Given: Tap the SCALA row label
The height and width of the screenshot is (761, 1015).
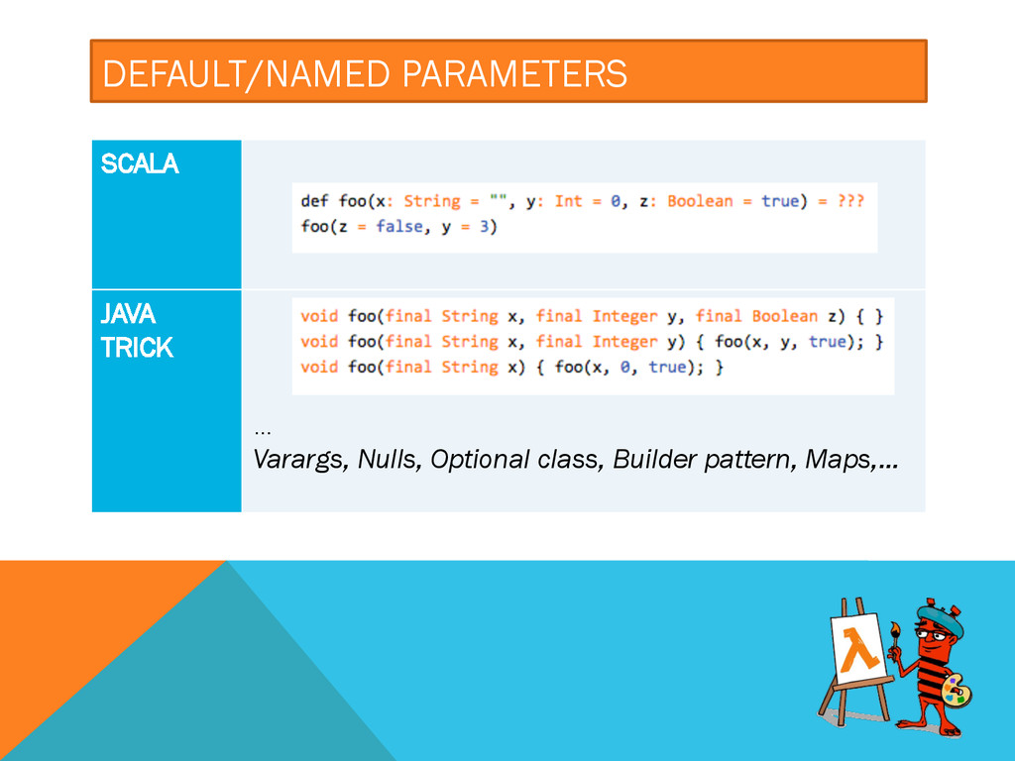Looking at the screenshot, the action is coord(140,165).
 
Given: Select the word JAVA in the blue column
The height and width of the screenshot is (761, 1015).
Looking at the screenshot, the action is coord(128,314).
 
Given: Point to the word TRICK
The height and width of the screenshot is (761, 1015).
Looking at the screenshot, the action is coord(137,348).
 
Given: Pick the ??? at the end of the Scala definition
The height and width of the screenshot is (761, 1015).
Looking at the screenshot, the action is coord(849,201).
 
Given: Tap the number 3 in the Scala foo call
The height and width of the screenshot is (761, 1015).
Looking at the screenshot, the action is coord(489,227).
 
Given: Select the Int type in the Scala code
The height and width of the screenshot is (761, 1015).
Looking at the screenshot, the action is coord(568,201).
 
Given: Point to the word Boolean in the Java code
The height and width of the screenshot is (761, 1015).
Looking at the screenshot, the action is coord(784,316).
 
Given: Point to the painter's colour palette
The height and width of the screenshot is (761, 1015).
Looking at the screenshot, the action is coord(954,690).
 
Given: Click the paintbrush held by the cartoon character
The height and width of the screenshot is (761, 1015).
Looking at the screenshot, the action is coord(895,640).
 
